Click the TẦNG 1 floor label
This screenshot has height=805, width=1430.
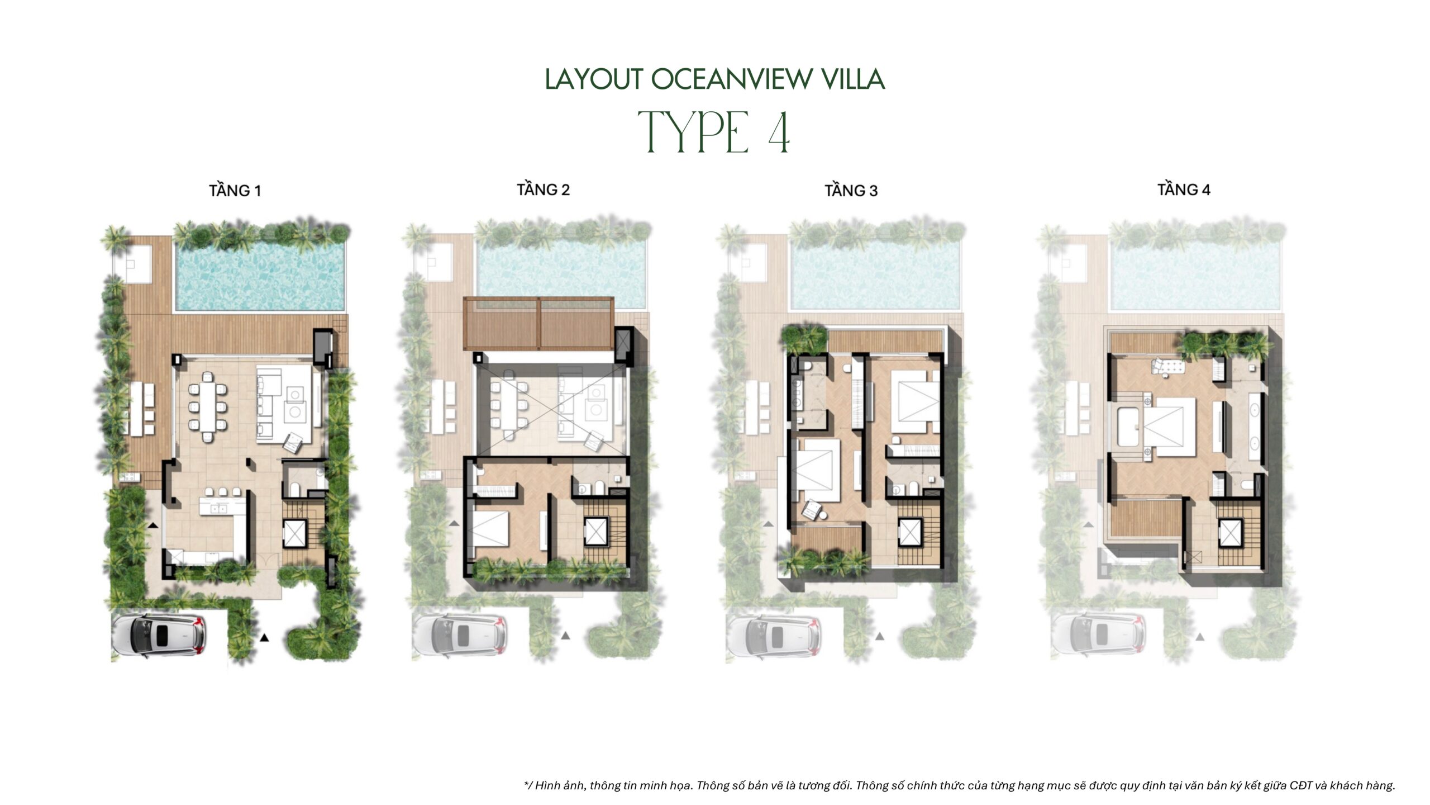pyautogui.click(x=235, y=191)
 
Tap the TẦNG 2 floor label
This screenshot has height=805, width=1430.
pyautogui.click(x=543, y=190)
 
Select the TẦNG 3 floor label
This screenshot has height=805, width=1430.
pyautogui.click(x=851, y=191)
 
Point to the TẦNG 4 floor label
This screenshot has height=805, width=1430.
pyautogui.click(x=1184, y=190)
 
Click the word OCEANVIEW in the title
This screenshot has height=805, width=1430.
pyautogui.click(x=730, y=79)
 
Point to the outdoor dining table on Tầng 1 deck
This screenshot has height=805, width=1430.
pyautogui.click(x=142, y=409)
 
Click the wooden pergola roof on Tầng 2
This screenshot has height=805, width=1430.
pyautogui.click(x=538, y=324)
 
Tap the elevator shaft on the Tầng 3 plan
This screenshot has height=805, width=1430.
pyautogui.click(x=909, y=532)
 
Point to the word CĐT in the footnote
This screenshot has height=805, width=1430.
pyautogui.click(x=1301, y=785)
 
